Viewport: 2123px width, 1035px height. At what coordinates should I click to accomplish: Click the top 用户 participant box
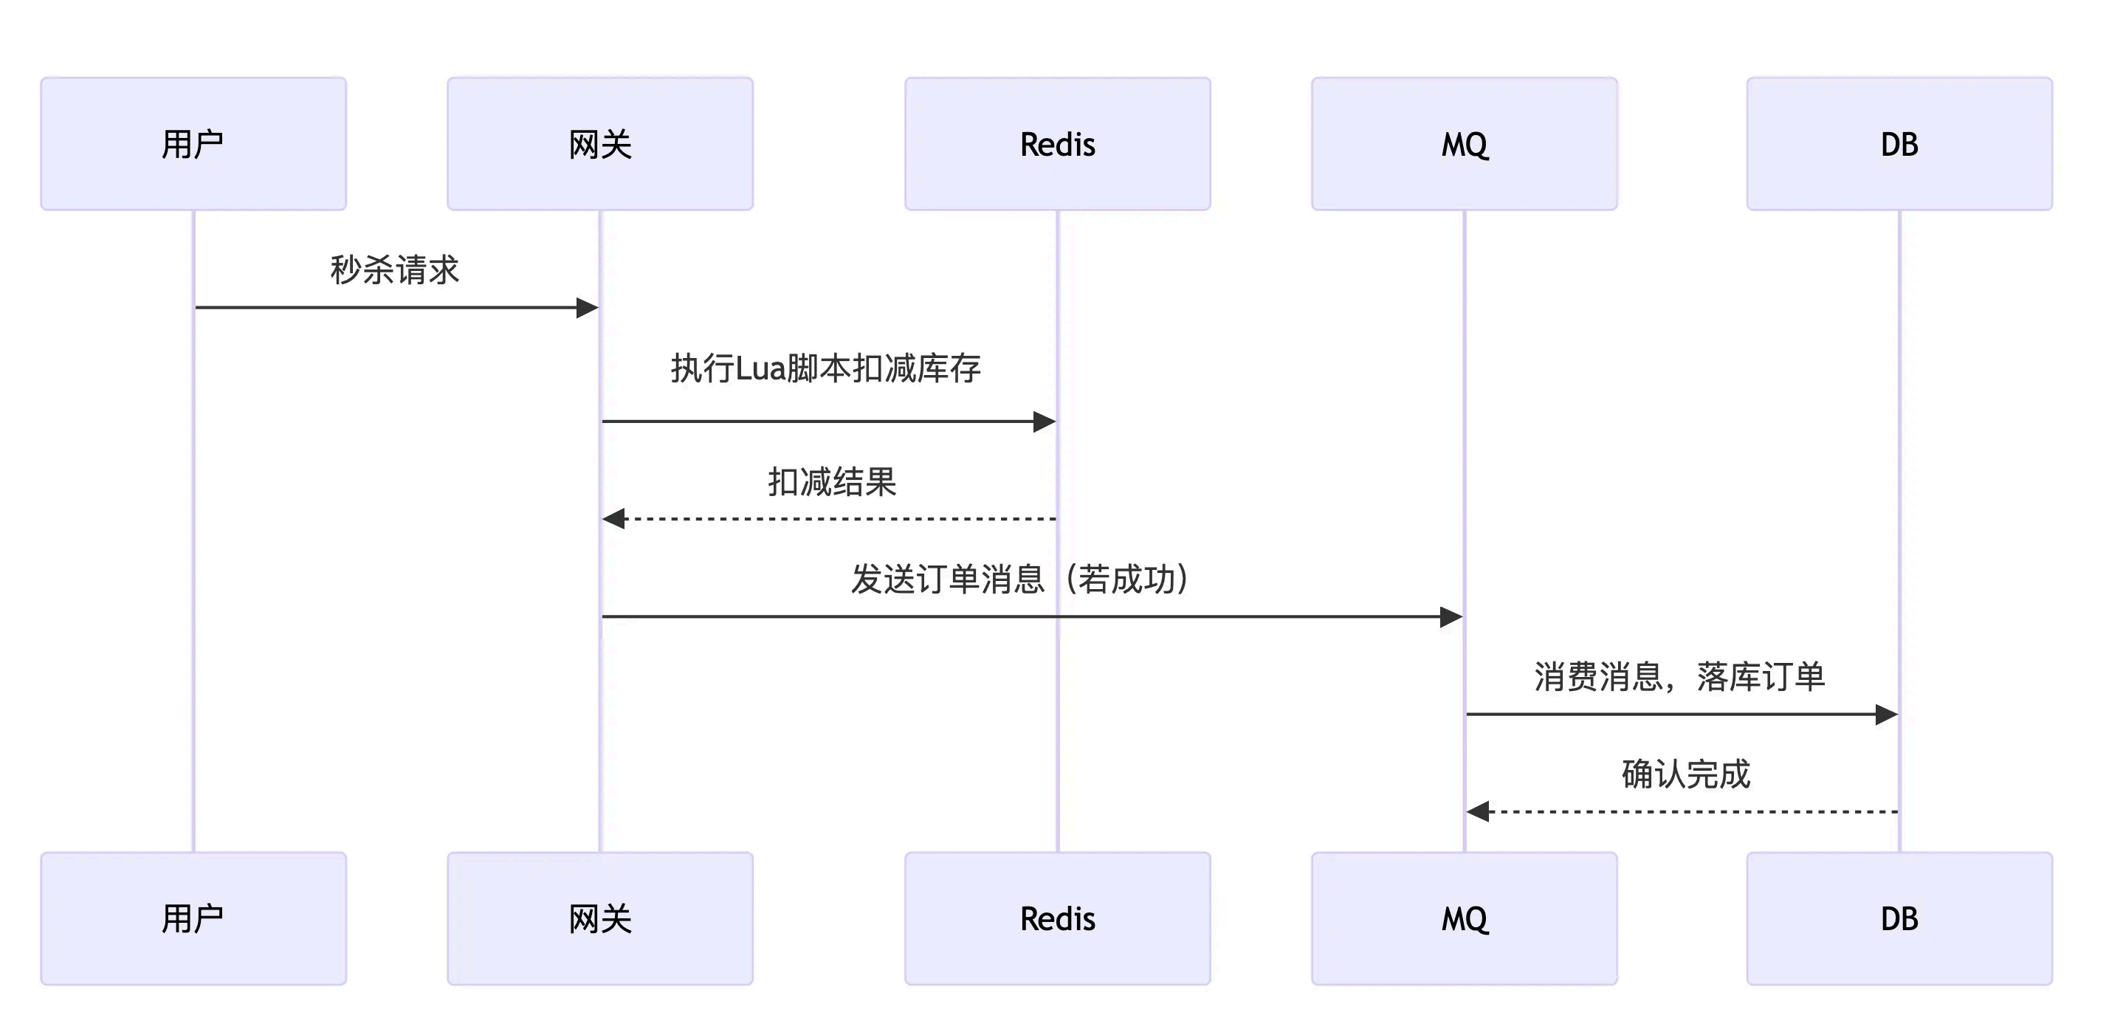tap(193, 144)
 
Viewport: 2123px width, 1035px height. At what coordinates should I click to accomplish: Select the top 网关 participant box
tap(600, 144)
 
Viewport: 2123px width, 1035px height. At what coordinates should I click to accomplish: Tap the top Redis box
tap(1057, 144)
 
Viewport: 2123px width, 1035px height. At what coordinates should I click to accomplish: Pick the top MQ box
tap(1465, 144)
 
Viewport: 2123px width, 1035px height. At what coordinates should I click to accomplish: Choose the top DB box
tap(1899, 144)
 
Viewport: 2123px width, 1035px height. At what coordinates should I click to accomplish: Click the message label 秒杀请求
tap(394, 270)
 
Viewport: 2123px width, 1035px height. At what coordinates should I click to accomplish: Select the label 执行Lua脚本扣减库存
tap(826, 368)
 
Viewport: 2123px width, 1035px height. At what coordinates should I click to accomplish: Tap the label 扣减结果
tap(832, 482)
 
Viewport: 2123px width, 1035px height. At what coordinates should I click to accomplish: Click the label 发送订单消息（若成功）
tap(1020, 580)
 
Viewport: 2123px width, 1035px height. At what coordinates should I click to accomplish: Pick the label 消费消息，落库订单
tap(1679, 676)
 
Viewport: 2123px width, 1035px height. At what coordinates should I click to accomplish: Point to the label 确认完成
tap(1685, 774)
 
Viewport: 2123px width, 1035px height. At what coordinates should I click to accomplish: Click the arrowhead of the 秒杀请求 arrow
tap(588, 308)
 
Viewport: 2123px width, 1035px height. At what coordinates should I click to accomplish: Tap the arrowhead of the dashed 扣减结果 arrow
tap(614, 519)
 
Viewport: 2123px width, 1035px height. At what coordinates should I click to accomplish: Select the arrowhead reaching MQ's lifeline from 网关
tap(1451, 616)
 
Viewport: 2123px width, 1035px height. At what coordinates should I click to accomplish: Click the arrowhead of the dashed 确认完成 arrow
tap(1478, 811)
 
